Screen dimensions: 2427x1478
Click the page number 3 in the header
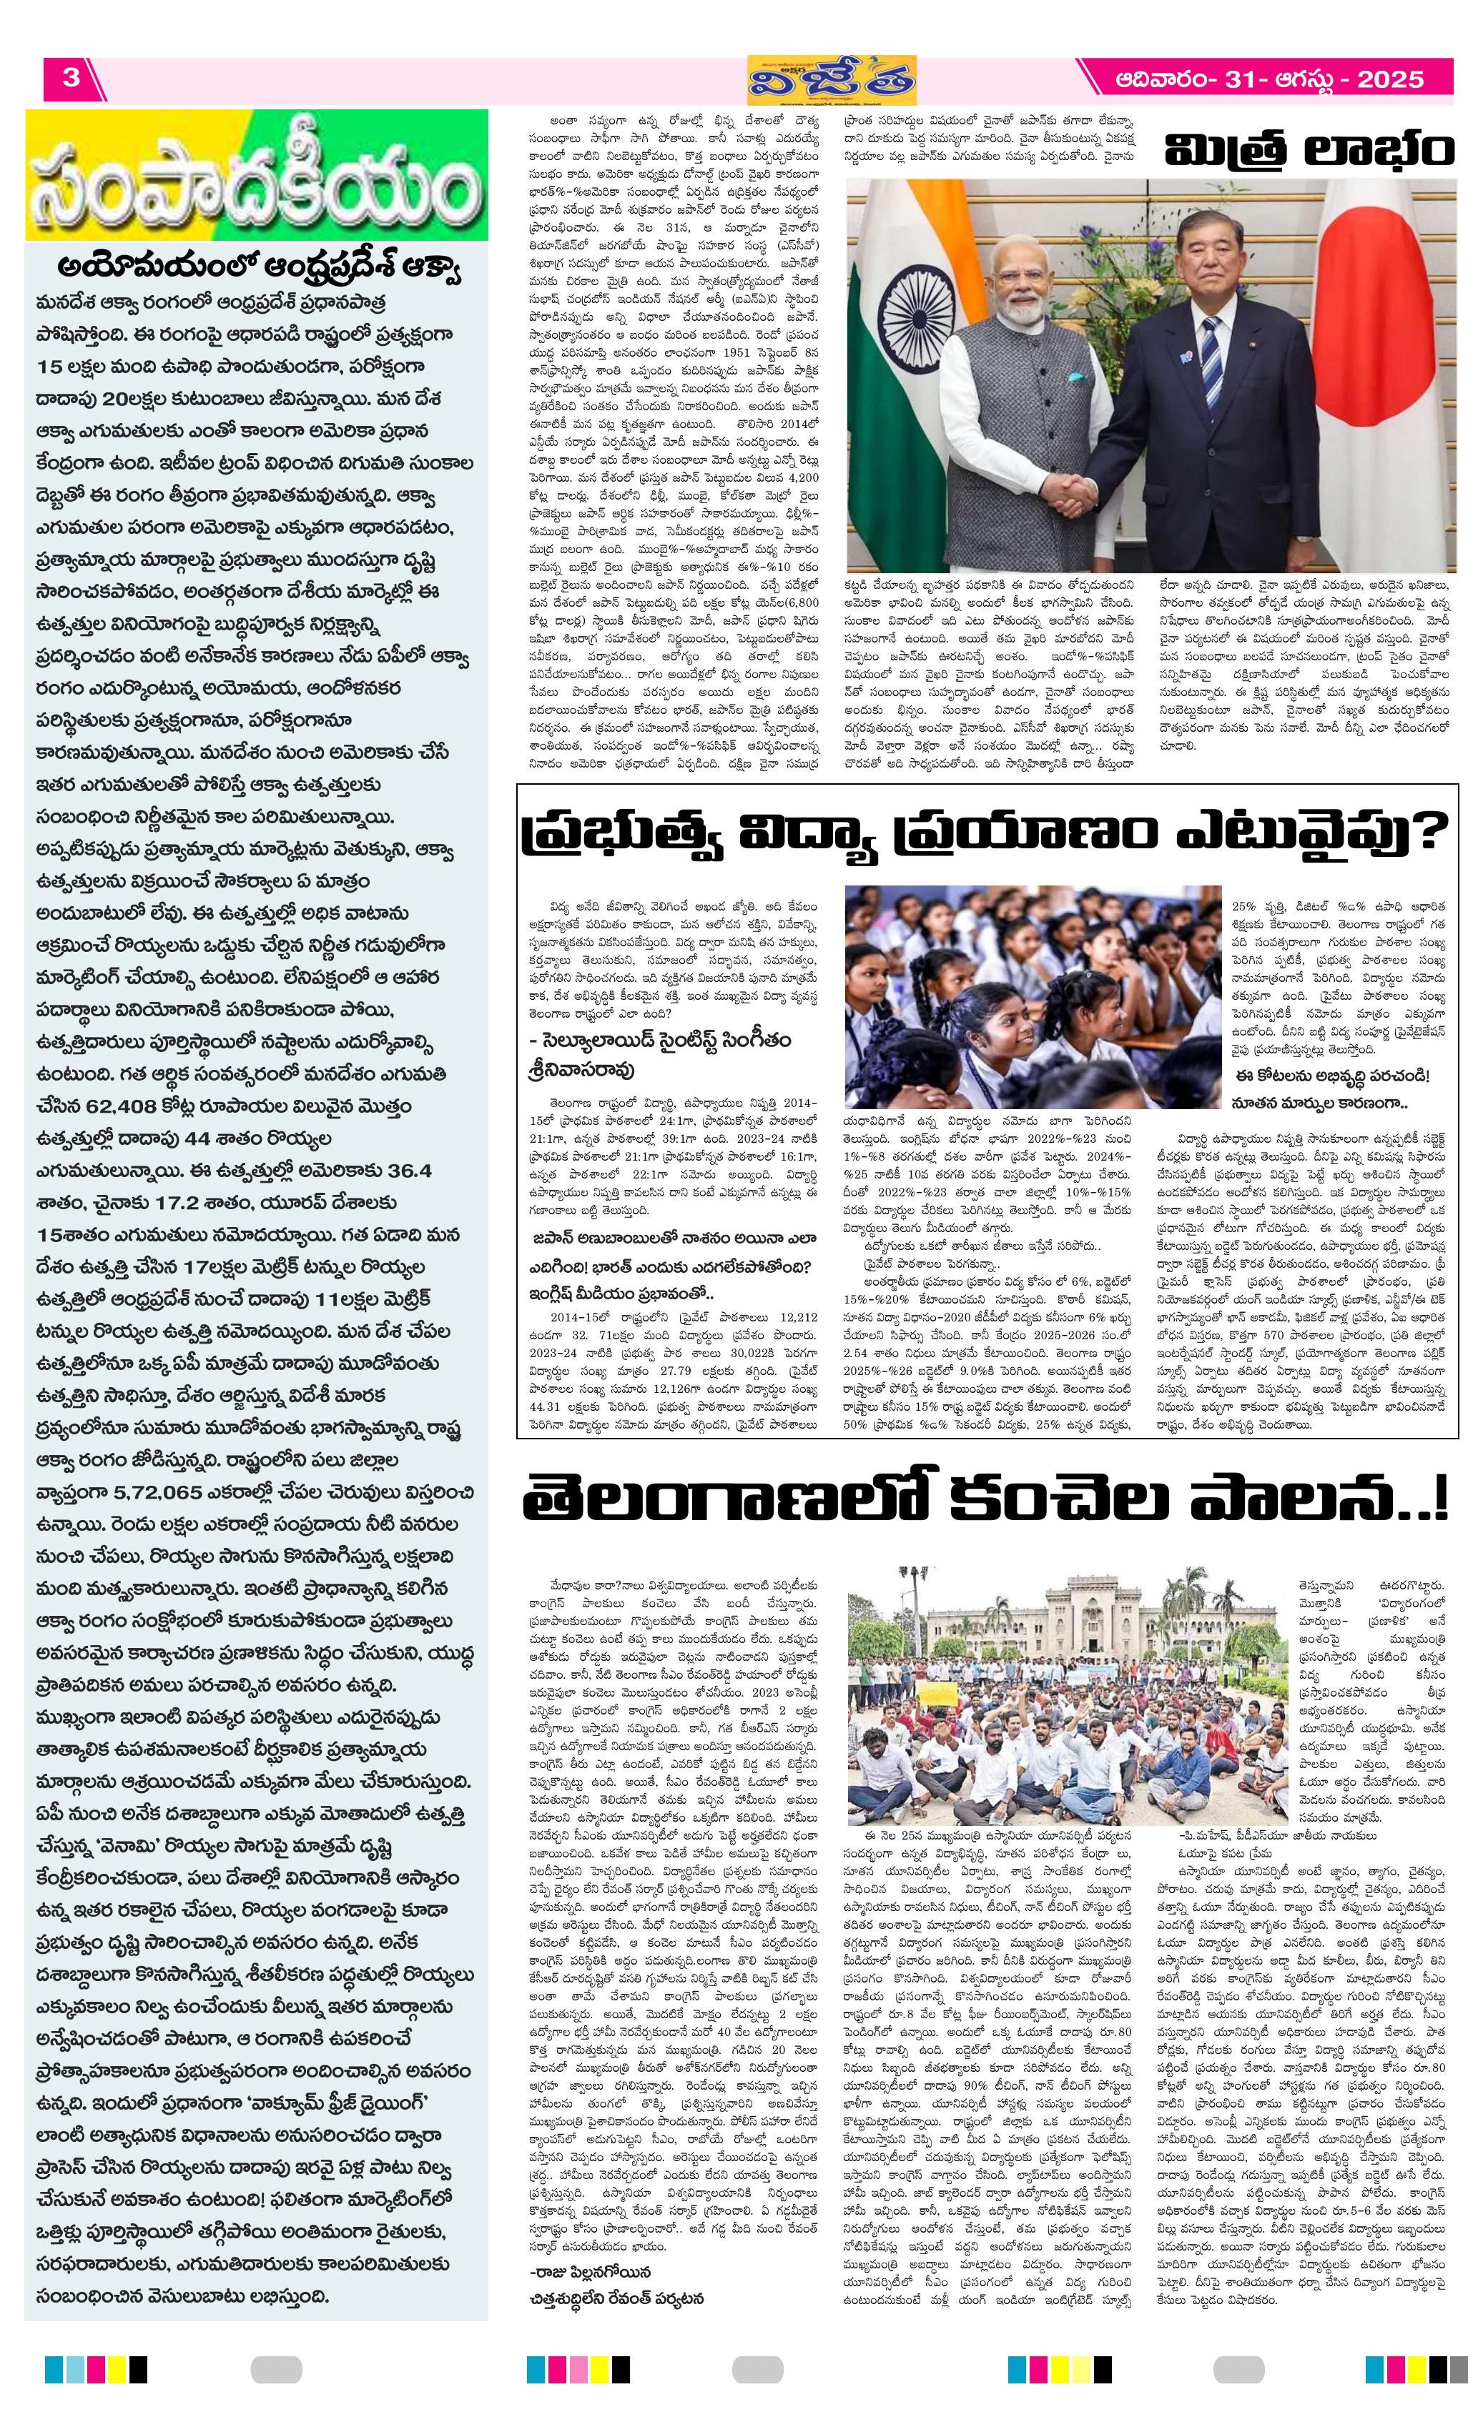coord(70,77)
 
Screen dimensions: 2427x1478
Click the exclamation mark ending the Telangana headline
coord(1441,1501)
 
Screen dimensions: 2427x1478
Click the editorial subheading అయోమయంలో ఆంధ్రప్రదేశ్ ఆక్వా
coord(260,269)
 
